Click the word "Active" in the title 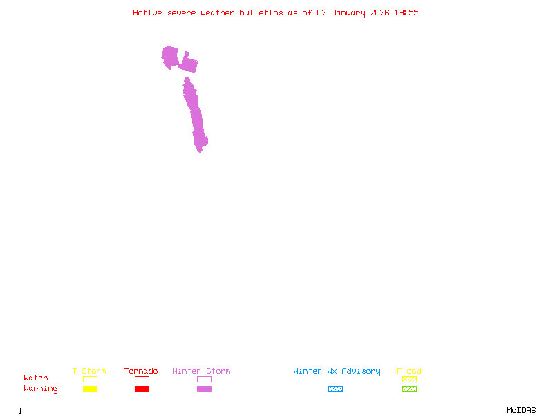pos(148,12)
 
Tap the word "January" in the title pos(347,12)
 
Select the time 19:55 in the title pos(406,12)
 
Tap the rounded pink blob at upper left pos(170,56)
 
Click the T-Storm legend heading pos(89,371)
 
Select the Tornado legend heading pos(141,371)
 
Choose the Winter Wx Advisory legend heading pos(337,371)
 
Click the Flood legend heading pos(409,371)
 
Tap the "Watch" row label pos(36,378)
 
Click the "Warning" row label pos(41,389)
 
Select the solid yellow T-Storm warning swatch pos(90,389)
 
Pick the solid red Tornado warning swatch pos(142,389)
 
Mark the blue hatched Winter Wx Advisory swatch pos(335,389)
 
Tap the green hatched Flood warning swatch pos(409,389)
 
